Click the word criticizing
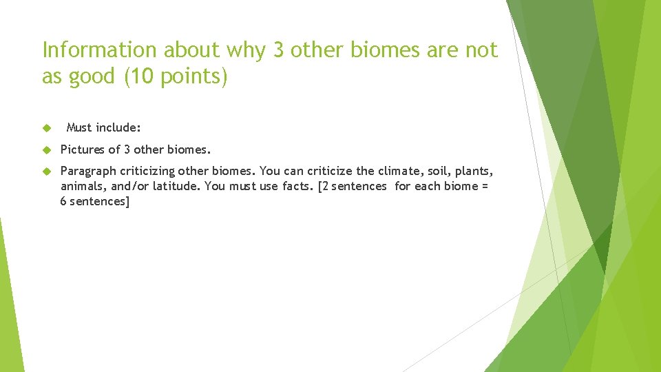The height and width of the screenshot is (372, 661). tap(150, 172)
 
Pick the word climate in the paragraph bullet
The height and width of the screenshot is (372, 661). tap(396, 172)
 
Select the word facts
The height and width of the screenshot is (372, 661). tap(297, 187)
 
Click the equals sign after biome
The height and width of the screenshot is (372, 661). tap(485, 187)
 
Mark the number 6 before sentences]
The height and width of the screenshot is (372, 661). tap(64, 202)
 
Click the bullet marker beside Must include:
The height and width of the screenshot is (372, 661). tap(46, 128)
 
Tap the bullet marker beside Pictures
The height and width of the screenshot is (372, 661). tap(46, 149)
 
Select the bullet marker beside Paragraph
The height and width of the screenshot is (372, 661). tap(46, 172)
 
